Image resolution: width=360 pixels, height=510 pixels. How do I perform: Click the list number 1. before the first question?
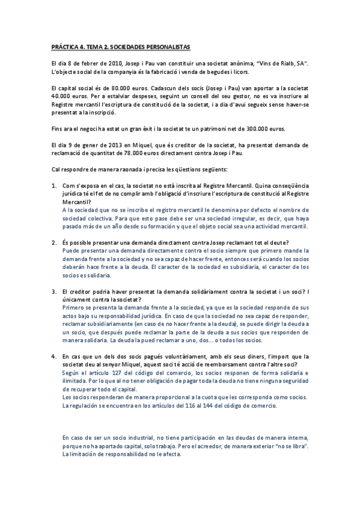pyautogui.click(x=54, y=186)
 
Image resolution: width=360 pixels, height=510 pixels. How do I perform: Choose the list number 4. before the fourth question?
pyautogui.click(x=54, y=355)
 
